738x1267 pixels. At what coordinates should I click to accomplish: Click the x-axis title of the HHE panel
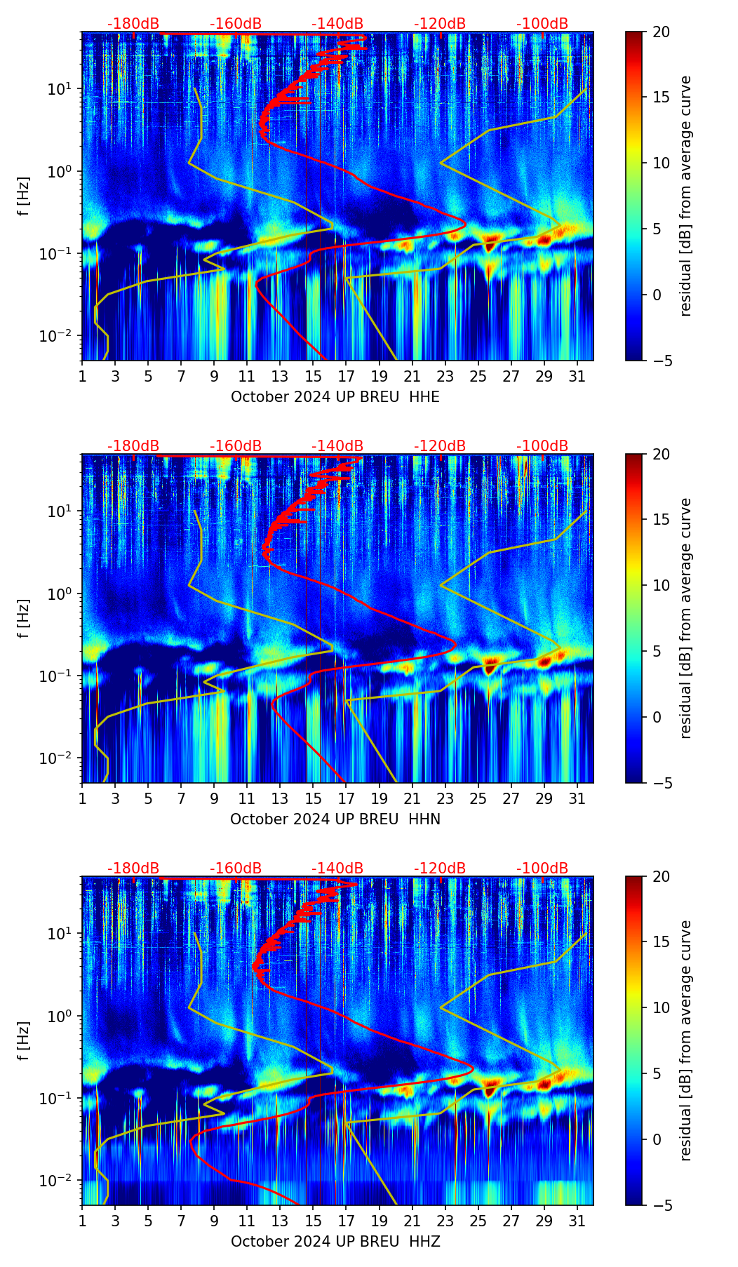click(335, 397)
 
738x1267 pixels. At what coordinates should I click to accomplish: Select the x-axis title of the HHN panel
click(335, 819)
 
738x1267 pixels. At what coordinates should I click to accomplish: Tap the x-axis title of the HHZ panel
click(335, 1242)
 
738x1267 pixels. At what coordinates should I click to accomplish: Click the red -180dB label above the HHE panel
click(133, 24)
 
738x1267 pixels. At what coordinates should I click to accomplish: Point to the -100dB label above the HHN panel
click(542, 446)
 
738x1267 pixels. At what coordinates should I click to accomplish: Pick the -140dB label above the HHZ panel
click(337, 869)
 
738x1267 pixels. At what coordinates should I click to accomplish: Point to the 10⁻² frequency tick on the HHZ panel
click(55, 1181)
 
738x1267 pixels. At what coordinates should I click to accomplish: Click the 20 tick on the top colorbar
click(662, 32)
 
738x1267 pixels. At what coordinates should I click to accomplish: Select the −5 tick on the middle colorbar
click(662, 783)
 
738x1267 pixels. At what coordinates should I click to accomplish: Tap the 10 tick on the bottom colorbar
click(662, 1007)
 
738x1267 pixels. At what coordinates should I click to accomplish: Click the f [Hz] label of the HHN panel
click(24, 618)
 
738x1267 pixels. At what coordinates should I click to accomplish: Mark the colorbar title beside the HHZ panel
click(685, 1040)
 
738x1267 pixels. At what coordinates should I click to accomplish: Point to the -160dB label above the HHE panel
click(236, 24)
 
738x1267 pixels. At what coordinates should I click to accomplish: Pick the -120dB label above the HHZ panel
click(440, 869)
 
